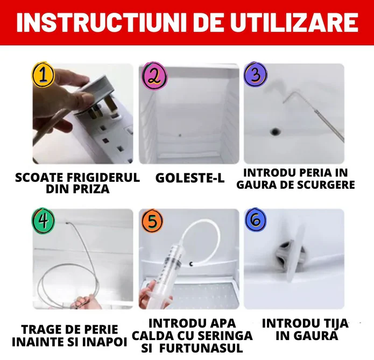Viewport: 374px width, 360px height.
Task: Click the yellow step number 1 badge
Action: point(44,76)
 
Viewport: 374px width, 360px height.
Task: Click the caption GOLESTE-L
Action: point(189,178)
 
